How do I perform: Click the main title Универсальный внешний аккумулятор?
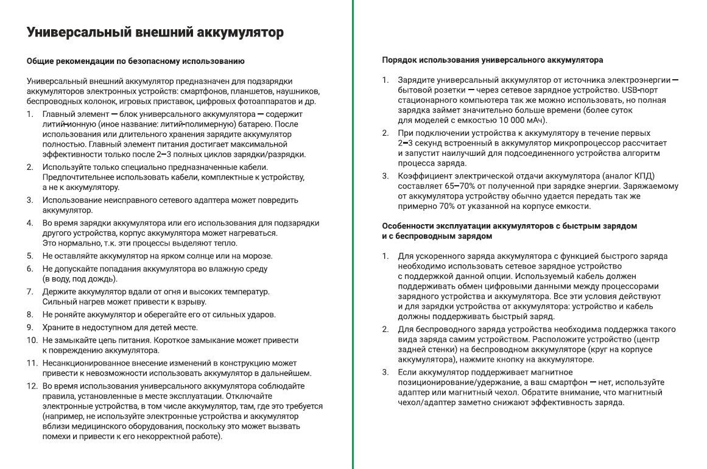coord(155,33)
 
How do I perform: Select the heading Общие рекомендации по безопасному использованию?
coord(136,61)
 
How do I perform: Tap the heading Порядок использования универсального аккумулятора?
coord(493,60)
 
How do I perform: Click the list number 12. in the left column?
coord(32,386)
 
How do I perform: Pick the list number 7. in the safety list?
coord(30,292)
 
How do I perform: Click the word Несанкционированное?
coord(88,363)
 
